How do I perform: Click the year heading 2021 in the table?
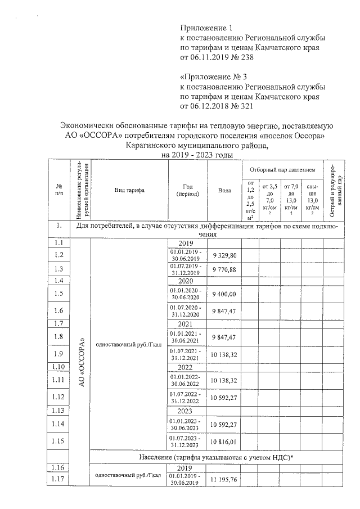186,324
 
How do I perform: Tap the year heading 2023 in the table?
186,411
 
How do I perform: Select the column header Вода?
224,190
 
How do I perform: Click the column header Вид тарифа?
129,190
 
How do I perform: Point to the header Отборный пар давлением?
282,169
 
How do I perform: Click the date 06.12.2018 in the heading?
211,105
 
